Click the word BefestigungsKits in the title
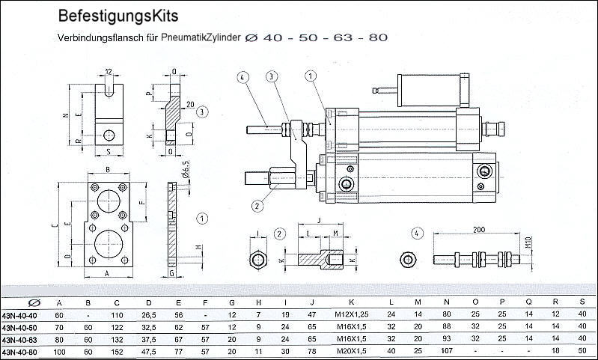[118, 15]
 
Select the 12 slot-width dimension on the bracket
[109, 72]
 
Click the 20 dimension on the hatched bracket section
[190, 104]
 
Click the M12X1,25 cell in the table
[351, 315]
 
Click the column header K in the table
[351, 302]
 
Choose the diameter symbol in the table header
[31, 302]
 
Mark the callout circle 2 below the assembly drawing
[257, 205]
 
